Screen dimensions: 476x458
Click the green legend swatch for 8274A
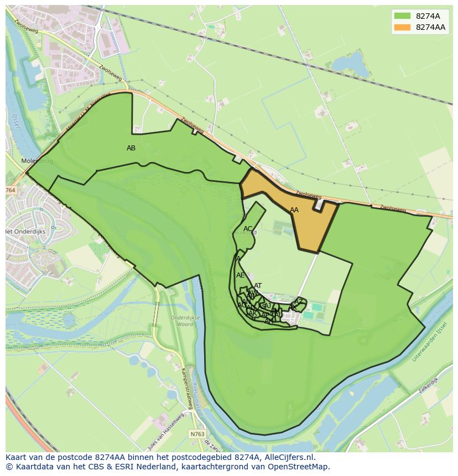(x=402, y=16)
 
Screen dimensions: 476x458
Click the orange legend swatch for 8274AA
(x=402, y=27)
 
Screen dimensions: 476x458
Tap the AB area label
(x=131, y=148)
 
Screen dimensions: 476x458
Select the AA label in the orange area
(x=294, y=210)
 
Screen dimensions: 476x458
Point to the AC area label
(x=248, y=229)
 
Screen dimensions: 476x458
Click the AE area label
(x=240, y=275)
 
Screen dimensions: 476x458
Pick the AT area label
(x=258, y=286)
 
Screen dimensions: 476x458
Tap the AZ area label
(x=299, y=302)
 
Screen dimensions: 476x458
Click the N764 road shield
(x=11, y=190)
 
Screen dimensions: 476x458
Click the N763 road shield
(x=196, y=434)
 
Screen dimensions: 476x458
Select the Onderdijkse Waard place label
(x=182, y=321)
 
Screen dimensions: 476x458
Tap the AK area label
(x=253, y=313)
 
